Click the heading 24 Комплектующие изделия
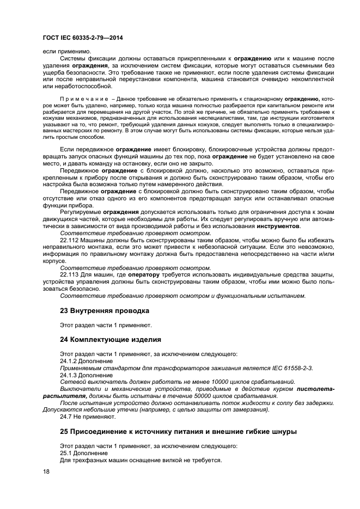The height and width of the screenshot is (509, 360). pos(110,340)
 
